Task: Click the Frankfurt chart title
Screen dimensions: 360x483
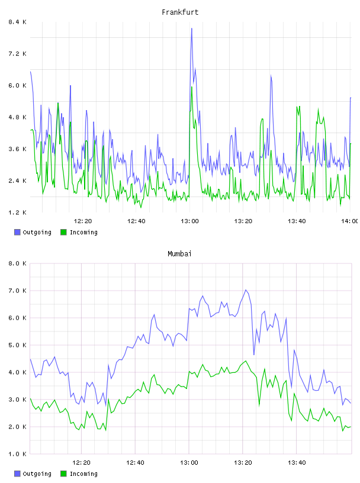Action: (x=180, y=12)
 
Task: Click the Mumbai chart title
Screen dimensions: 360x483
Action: (x=179, y=254)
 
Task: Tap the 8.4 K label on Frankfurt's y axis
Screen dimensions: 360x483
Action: (x=17, y=22)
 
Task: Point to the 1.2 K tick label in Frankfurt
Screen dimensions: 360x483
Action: (x=17, y=212)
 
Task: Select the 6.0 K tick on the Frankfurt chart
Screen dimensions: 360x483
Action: (x=17, y=85)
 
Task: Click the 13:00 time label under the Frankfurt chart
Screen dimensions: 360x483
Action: (x=189, y=221)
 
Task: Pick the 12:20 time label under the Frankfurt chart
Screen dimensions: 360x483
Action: (x=83, y=221)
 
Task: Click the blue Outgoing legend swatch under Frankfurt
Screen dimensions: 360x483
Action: (x=17, y=232)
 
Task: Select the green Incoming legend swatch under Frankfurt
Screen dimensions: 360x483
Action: (x=63, y=232)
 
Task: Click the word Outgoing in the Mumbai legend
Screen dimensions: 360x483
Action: (x=37, y=474)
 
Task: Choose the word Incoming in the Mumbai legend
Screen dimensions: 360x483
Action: (x=83, y=474)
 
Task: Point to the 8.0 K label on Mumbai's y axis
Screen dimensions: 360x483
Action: (x=17, y=263)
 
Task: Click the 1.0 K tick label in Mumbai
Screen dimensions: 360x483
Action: (x=17, y=454)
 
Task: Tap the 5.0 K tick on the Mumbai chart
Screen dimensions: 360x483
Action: (x=17, y=345)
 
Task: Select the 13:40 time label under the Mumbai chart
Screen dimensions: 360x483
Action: (x=297, y=463)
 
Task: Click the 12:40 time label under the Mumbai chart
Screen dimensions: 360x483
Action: (x=135, y=463)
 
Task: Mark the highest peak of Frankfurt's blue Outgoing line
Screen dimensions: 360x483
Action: (x=192, y=28)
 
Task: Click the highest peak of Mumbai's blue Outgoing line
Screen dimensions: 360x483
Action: (x=246, y=290)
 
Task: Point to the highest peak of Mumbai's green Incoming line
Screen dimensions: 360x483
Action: (x=246, y=360)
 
